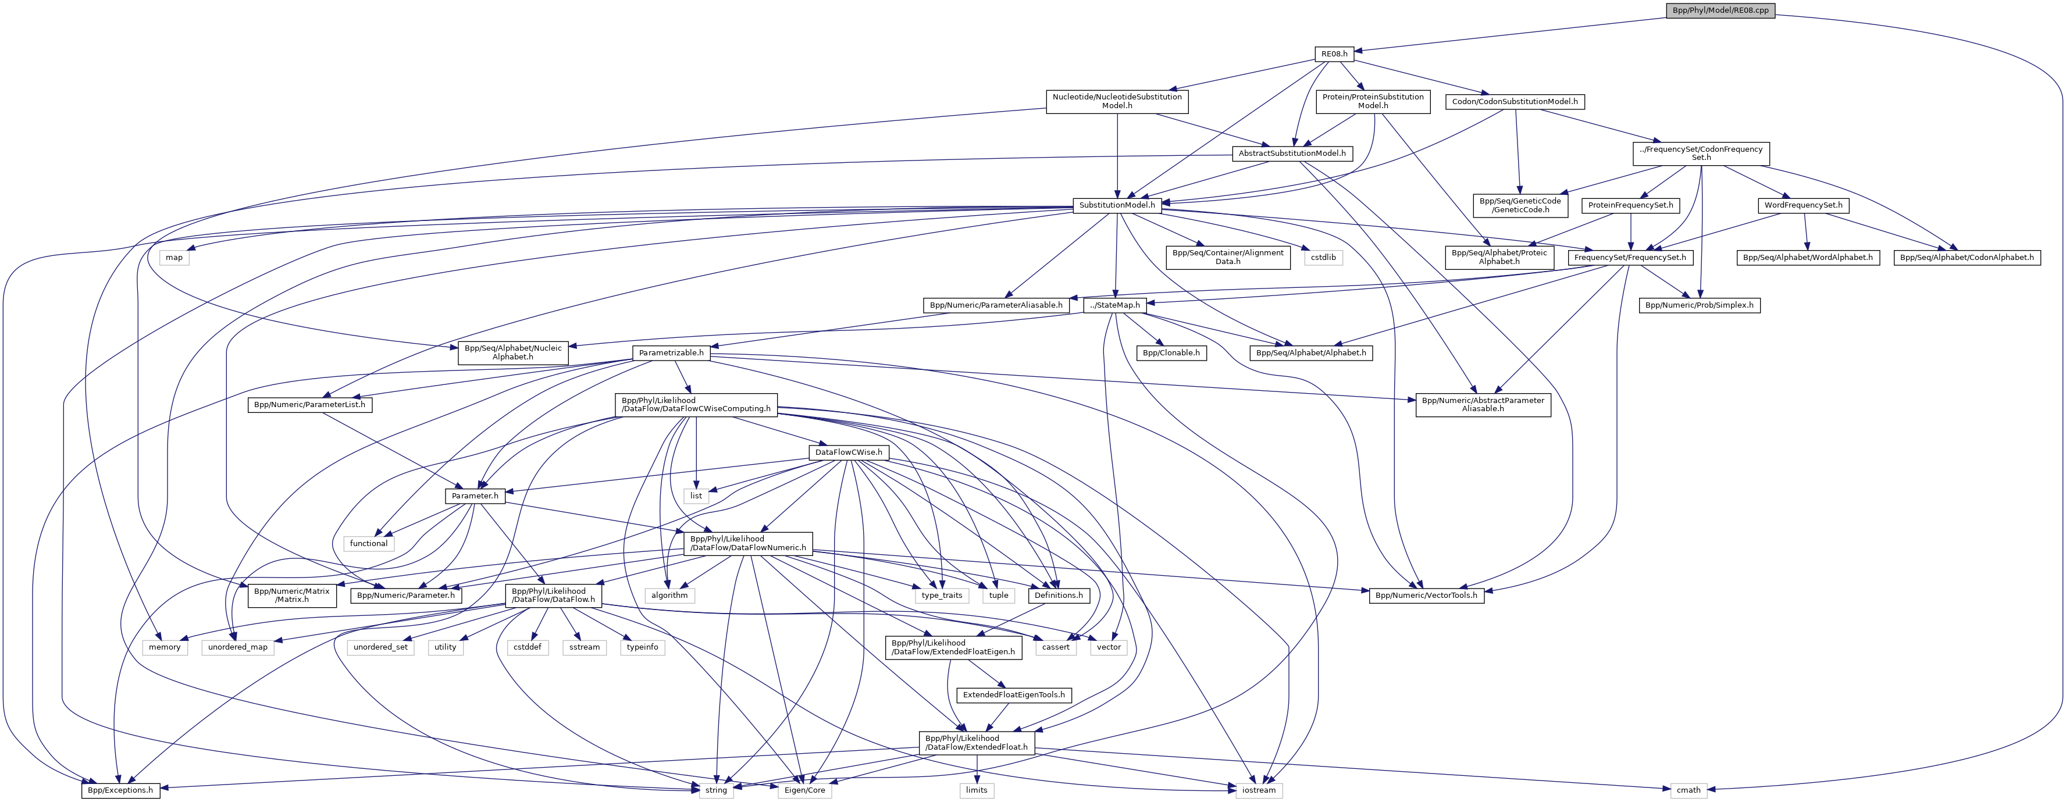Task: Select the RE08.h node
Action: click(1334, 54)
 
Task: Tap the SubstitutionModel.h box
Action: click(1116, 205)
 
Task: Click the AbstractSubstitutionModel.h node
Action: click(1291, 153)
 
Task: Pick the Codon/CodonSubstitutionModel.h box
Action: click(1514, 102)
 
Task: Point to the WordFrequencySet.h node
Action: click(1803, 205)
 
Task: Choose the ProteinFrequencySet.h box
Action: click(1630, 205)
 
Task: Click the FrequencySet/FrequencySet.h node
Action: click(1630, 258)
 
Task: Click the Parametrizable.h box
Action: click(671, 353)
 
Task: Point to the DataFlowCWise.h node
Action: click(849, 452)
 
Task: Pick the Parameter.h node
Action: click(475, 496)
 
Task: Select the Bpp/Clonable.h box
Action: click(1171, 353)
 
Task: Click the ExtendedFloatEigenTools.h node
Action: click(1014, 694)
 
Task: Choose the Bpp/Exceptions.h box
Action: click(120, 790)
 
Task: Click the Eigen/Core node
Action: click(804, 790)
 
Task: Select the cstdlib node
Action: click(1323, 258)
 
